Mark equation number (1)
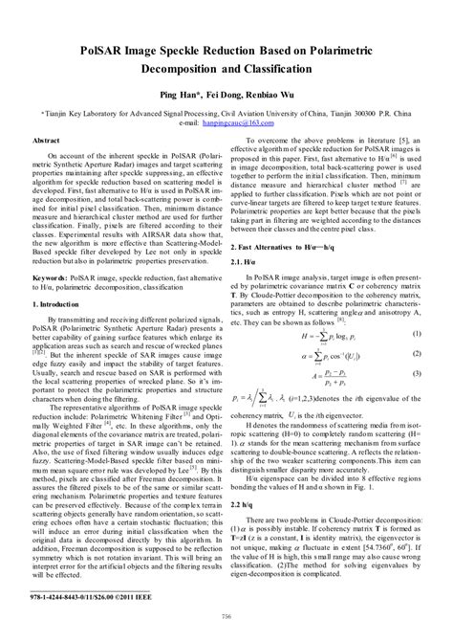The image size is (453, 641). pyautogui.click(x=417, y=333)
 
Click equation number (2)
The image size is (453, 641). pyautogui.click(x=417, y=354)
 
